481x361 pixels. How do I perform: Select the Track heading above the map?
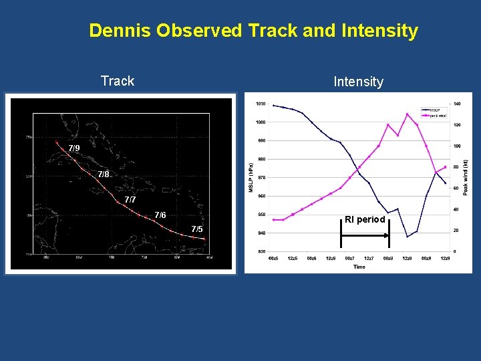tap(118, 81)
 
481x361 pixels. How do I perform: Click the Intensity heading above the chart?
tap(358, 82)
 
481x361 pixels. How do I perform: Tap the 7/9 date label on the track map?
tap(73, 148)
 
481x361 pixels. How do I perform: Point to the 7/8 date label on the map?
tap(103, 174)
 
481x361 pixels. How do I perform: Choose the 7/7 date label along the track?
tap(130, 200)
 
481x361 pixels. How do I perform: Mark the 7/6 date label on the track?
tap(160, 215)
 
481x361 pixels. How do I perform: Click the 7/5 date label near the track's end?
tap(196, 229)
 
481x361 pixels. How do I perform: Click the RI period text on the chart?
tap(365, 219)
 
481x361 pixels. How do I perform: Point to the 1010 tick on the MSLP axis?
tap(260, 104)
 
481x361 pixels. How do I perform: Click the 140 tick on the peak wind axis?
tap(457, 104)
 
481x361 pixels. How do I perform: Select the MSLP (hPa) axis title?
tap(251, 177)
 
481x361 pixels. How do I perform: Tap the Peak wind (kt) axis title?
tap(466, 177)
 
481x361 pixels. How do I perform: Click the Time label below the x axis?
tap(359, 266)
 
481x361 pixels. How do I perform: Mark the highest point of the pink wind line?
tap(408, 114)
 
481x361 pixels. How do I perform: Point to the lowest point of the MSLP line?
tap(408, 237)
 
